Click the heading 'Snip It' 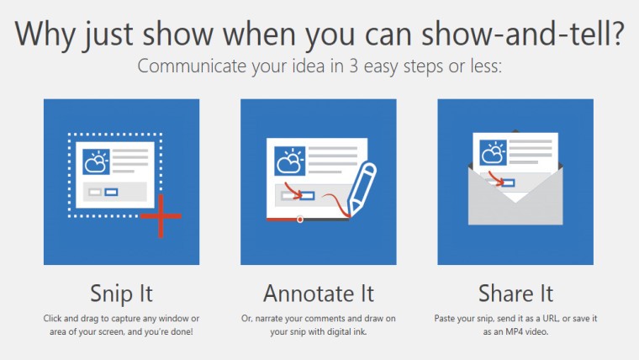[x=121, y=294]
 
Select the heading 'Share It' [x=515, y=294]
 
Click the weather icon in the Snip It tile [x=96, y=159]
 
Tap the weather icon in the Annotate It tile [x=289, y=159]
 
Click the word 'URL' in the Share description [x=540, y=319]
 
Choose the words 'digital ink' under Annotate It [x=346, y=332]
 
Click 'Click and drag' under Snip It [x=73, y=319]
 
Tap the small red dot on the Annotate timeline [x=300, y=220]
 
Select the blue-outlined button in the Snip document [x=111, y=192]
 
